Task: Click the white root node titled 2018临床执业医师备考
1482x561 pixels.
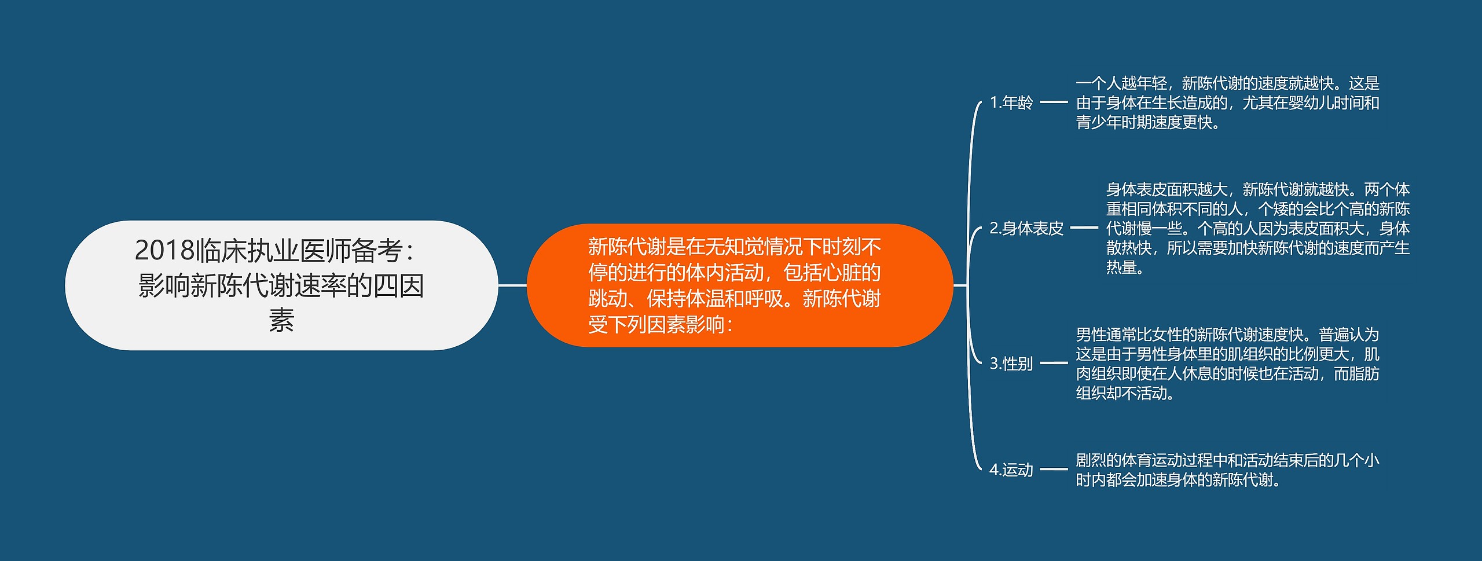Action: (x=281, y=285)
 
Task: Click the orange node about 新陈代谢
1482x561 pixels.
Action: (x=739, y=285)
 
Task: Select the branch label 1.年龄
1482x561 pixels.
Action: (x=1011, y=102)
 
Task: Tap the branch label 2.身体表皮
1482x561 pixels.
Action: (x=1026, y=228)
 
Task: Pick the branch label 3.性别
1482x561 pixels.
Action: (x=1011, y=364)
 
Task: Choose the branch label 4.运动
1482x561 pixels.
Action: (x=1011, y=470)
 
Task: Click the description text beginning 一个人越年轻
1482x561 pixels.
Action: (x=1227, y=102)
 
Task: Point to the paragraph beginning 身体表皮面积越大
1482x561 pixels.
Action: (x=1257, y=228)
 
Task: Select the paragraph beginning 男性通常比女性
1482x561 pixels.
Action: (x=1227, y=364)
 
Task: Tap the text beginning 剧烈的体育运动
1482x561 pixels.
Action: (x=1227, y=470)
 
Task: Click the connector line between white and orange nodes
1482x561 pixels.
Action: (x=512, y=285)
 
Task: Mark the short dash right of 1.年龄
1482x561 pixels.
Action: (x=1054, y=102)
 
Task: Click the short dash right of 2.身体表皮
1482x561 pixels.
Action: (x=1084, y=228)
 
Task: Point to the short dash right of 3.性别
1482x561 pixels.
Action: (x=1054, y=364)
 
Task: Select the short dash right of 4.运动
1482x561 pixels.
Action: (x=1054, y=470)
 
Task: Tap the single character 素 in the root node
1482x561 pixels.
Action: (x=281, y=320)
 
